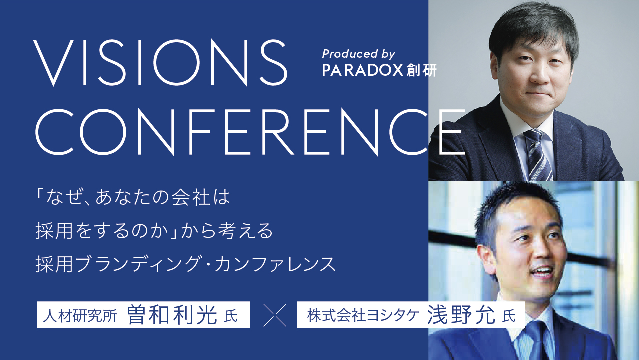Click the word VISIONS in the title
coord(160,63)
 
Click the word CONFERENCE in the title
coord(250,132)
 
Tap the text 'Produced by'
coord(359,54)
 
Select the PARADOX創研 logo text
coord(379,70)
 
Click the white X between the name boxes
coord(275,315)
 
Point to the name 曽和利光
coord(172,315)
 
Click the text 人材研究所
coord(80,316)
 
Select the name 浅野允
coord(461,315)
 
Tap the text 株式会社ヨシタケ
coord(363,316)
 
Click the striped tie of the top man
coord(537,155)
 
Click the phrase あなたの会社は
coord(163,197)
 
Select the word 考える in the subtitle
coord(245,231)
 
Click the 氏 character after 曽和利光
coord(231,316)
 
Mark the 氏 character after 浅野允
coord(509,316)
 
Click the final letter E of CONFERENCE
coord(452,132)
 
